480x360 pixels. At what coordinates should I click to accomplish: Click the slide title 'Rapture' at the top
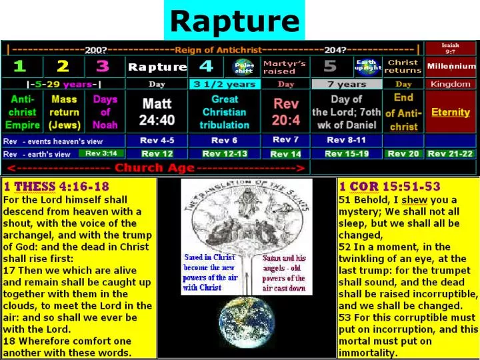coord(234,21)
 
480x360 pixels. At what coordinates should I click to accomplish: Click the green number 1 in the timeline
coord(20,67)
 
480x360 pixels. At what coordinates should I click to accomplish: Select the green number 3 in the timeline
coord(102,67)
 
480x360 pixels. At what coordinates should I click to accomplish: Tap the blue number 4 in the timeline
coord(206,67)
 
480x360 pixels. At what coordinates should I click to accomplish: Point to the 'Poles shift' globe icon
coord(243,67)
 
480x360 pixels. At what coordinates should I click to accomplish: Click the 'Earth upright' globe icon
coord(369,67)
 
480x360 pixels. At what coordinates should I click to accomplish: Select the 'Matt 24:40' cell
coord(157,111)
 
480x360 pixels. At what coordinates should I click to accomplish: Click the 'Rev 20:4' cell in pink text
coord(286,111)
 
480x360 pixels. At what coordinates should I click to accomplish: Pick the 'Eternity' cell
coord(451,112)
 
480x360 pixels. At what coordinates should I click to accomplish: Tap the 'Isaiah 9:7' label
coord(451,49)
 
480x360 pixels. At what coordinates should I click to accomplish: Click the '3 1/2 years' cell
coord(224,85)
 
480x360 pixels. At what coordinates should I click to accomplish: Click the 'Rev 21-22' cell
coord(451,153)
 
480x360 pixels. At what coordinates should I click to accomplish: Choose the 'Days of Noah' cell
coord(105,112)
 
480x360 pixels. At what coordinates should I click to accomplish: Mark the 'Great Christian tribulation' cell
coord(225,112)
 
